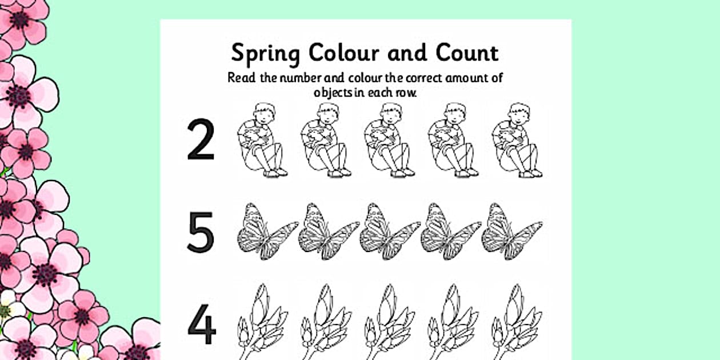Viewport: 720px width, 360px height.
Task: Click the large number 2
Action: click(201, 139)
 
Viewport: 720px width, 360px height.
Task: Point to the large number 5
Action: click(201, 232)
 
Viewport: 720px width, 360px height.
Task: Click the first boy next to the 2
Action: click(262, 141)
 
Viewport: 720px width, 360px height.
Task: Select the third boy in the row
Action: click(389, 141)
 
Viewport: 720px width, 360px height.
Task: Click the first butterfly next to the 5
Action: click(265, 231)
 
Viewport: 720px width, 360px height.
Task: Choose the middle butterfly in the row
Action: click(389, 231)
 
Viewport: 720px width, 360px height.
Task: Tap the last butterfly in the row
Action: click(511, 231)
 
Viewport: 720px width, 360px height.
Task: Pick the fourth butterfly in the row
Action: click(450, 231)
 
